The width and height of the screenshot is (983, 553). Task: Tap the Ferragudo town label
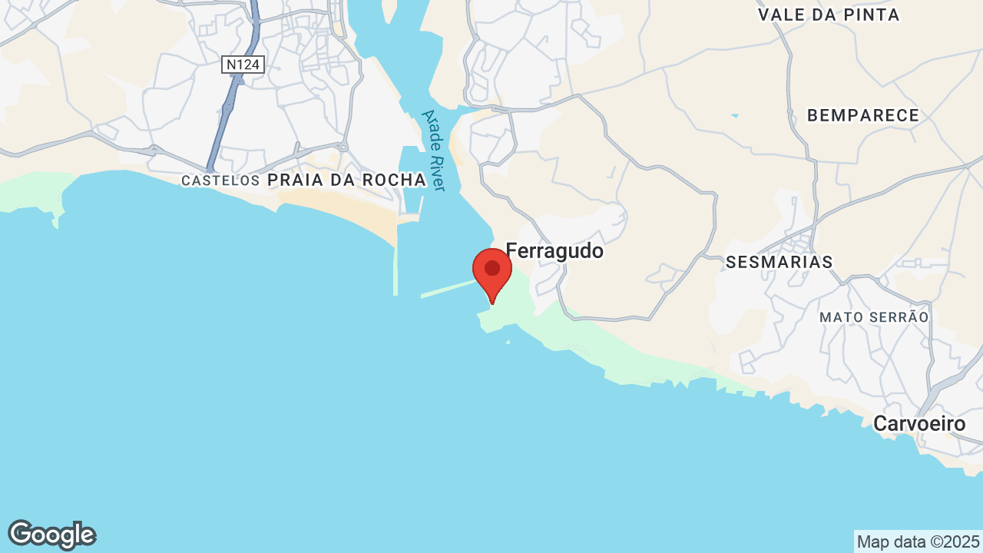click(554, 251)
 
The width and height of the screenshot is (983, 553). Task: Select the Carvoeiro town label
click(919, 423)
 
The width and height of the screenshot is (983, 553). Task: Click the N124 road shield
click(243, 65)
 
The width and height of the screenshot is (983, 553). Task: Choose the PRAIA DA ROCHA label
click(346, 180)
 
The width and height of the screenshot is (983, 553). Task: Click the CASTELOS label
click(220, 180)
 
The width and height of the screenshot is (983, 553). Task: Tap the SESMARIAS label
click(779, 262)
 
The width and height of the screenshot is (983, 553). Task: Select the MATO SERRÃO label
click(874, 316)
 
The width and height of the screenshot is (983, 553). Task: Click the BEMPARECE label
click(863, 115)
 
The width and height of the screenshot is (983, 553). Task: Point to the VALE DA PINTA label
click(829, 15)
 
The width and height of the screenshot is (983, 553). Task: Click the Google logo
click(51, 535)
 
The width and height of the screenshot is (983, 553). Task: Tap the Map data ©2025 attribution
click(918, 541)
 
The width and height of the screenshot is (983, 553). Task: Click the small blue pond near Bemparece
click(735, 116)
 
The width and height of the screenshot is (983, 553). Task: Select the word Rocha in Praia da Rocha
click(391, 180)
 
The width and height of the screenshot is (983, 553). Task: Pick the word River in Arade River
click(438, 173)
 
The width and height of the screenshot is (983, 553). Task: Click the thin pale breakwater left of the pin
click(448, 290)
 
